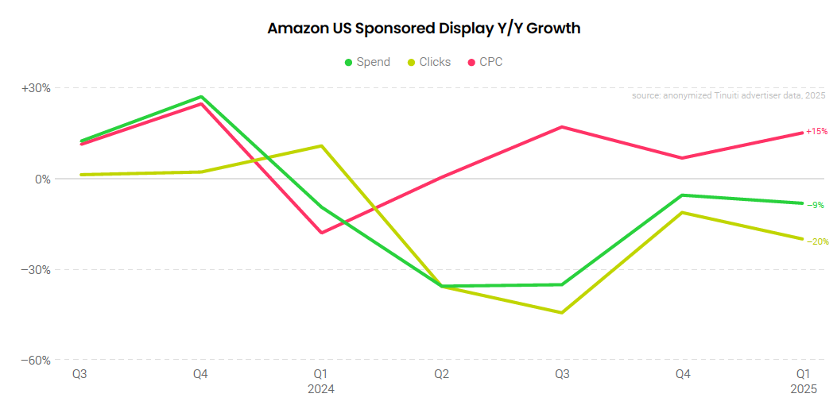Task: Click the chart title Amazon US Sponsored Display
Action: [424, 29]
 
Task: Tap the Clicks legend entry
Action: [429, 62]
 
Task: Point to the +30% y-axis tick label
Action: [36, 88]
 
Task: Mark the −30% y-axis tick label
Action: [36, 269]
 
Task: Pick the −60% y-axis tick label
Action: [36, 360]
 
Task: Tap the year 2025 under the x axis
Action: [803, 390]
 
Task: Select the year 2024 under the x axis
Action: [321, 390]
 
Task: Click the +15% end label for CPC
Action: [816, 132]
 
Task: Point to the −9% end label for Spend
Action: [816, 205]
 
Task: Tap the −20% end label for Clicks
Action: [817, 241]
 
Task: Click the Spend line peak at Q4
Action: [201, 97]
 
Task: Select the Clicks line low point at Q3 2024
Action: [562, 313]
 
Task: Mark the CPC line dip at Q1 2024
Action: [321, 233]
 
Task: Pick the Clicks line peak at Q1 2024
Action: [321, 145]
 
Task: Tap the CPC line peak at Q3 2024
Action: [562, 127]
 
